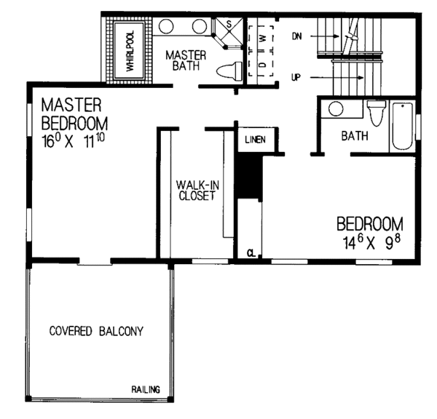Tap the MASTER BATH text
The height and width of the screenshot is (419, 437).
186,60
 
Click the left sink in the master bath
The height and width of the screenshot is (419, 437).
166,28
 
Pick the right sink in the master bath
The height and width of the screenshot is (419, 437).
200,28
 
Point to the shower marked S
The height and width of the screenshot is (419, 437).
227,26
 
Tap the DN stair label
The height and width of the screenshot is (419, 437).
296,34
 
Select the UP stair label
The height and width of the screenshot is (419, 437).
296,76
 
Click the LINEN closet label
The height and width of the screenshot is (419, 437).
254,140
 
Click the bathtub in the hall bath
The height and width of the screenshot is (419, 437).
402,127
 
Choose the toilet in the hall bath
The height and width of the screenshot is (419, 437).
376,114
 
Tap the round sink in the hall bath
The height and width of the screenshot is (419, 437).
336,110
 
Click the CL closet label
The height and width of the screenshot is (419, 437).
250,253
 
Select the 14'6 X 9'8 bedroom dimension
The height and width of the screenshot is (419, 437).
369,242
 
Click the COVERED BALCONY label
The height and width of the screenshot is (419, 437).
96,331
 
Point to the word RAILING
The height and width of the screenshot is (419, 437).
146,390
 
